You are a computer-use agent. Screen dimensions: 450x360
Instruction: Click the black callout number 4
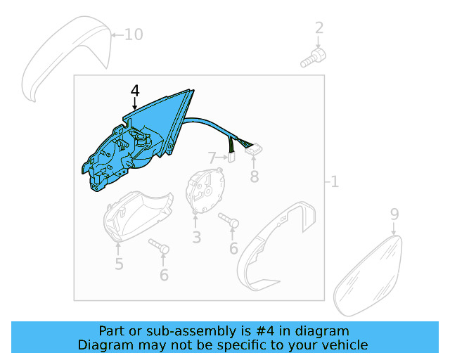click(135, 91)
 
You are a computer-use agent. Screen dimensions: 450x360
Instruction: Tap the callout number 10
click(134, 34)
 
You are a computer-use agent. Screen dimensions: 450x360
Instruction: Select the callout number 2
click(319, 28)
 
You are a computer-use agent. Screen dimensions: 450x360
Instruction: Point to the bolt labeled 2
click(313, 58)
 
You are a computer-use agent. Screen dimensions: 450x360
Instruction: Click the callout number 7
click(212, 158)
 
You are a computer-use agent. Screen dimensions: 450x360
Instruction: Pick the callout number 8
click(255, 176)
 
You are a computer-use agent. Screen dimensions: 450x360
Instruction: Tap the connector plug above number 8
click(254, 148)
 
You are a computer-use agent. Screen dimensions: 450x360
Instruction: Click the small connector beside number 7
click(231, 157)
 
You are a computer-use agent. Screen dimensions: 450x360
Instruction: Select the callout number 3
click(197, 238)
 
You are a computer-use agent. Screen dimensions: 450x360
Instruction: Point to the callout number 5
click(119, 264)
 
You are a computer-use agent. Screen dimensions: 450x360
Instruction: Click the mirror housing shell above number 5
click(138, 216)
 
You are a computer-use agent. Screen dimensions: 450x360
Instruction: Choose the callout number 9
click(394, 214)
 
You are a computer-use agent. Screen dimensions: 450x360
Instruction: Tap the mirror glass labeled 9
click(368, 276)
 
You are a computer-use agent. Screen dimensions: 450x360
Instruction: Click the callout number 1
click(335, 182)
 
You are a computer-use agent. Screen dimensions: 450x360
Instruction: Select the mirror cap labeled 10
click(67, 58)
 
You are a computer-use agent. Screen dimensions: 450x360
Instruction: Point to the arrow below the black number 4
click(134, 103)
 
